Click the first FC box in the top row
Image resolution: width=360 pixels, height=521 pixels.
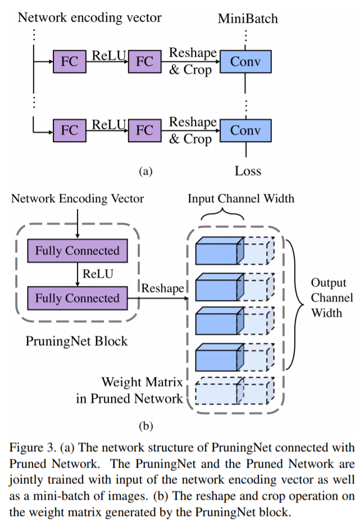(69, 61)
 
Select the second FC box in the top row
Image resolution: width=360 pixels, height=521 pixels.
(144, 61)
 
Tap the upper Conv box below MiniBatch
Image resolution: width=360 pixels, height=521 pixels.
(245, 61)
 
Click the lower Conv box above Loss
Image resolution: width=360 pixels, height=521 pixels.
(245, 131)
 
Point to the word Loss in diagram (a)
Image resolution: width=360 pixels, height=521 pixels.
(247, 170)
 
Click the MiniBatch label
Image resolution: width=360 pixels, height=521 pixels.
(247, 19)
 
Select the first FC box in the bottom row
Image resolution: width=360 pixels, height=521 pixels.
(69, 131)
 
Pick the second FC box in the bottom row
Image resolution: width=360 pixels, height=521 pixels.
(144, 131)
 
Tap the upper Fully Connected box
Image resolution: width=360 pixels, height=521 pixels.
(78, 251)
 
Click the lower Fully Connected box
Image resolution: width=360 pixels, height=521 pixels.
(78, 298)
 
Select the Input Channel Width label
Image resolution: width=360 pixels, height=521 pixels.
(240, 198)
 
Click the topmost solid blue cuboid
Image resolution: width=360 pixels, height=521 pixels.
(219, 251)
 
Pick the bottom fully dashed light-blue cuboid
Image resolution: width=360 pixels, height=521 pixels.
(234, 391)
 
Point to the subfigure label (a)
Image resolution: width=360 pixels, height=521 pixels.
(145, 171)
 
